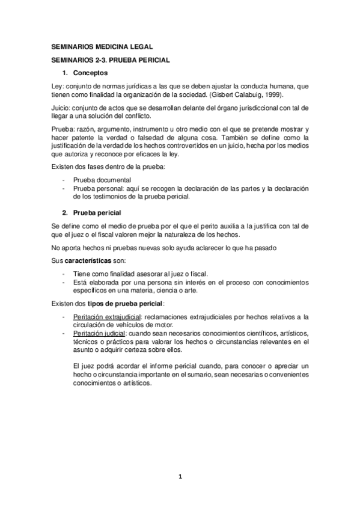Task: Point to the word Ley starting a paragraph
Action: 58,87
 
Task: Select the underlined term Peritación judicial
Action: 98,333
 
